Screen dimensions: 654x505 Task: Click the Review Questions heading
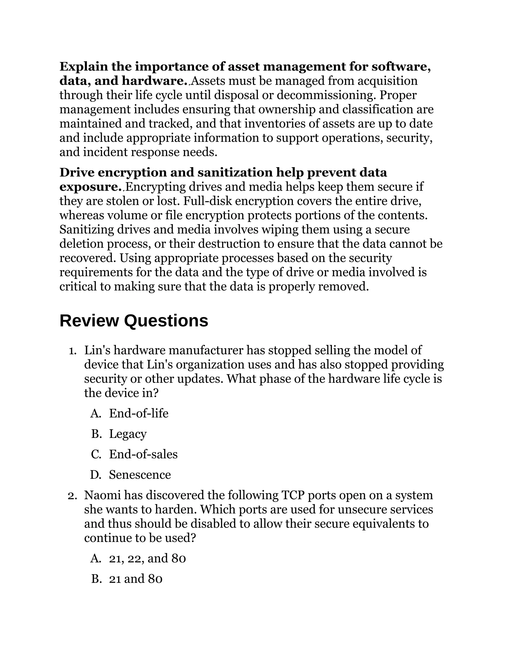coord(134,321)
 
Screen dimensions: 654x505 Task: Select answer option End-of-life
coord(139,414)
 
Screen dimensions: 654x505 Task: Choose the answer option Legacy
coord(128,434)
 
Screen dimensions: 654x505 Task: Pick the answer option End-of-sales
coord(143,454)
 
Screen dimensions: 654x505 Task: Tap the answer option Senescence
coord(140,475)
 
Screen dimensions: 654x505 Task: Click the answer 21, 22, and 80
coord(147,558)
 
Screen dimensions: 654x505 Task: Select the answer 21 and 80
coord(136,579)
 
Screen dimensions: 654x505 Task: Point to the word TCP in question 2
coord(293,495)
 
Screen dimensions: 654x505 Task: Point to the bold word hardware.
coord(154,81)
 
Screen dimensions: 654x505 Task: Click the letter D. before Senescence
coord(96,475)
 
